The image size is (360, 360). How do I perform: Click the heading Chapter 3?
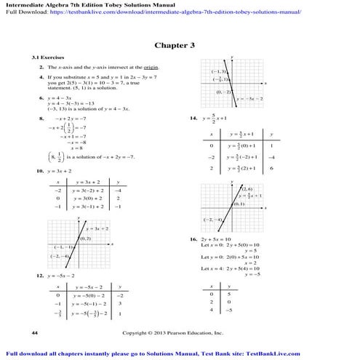(x=180, y=45)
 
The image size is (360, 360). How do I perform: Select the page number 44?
(x=35, y=332)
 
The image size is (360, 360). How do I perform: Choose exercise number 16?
(x=194, y=239)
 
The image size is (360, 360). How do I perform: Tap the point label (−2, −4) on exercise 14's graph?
(x=212, y=220)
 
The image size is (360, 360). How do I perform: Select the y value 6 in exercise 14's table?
(x=271, y=168)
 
